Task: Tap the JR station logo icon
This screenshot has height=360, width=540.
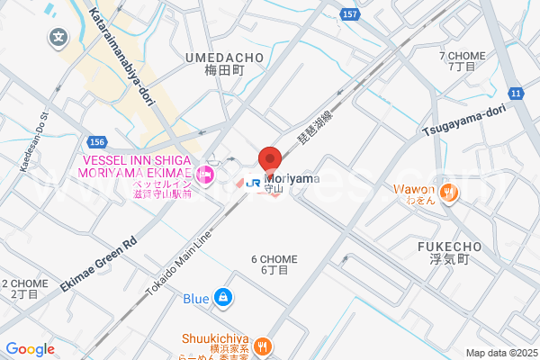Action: tap(253, 181)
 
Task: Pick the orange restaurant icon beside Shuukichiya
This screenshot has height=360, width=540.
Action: tap(263, 345)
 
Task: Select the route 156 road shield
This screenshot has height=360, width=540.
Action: tap(98, 142)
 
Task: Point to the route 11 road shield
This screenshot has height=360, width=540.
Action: tap(516, 94)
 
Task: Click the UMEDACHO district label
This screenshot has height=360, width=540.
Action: tap(224, 58)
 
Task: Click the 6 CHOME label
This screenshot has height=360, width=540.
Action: tap(274, 259)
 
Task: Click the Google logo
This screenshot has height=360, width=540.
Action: tap(30, 349)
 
